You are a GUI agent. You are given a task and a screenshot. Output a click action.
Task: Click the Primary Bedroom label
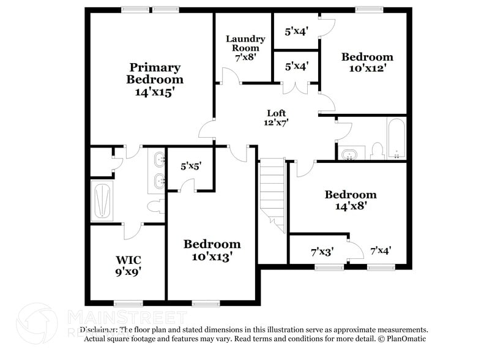tap(154, 73)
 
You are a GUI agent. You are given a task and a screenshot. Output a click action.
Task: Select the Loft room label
tap(277, 113)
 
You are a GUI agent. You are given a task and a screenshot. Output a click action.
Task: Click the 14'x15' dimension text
tap(155, 92)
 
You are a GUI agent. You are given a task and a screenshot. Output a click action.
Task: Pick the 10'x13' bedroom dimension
tap(212, 257)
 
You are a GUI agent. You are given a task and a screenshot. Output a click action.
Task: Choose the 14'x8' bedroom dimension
tap(350, 206)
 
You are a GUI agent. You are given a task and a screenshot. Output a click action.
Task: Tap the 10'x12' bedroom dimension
tap(367, 69)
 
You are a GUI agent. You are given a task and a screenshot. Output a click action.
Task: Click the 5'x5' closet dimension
tap(191, 165)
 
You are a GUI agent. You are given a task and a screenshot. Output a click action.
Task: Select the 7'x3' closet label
tap(322, 251)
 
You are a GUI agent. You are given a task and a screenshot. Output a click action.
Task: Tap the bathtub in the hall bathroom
tap(396, 138)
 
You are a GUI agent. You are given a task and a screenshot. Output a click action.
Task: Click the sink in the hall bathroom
tap(351, 152)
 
